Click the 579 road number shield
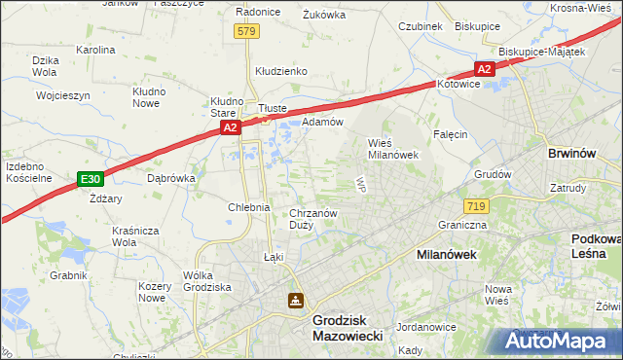(246, 32)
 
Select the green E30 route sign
(91, 178)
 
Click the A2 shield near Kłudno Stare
(230, 127)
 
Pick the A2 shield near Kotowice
(485, 68)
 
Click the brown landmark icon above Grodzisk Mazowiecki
(295, 301)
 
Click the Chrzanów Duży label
(313, 219)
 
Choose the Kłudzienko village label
(281, 71)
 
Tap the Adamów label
(322, 122)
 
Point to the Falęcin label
(451, 134)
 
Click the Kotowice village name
(459, 84)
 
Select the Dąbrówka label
(171, 178)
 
